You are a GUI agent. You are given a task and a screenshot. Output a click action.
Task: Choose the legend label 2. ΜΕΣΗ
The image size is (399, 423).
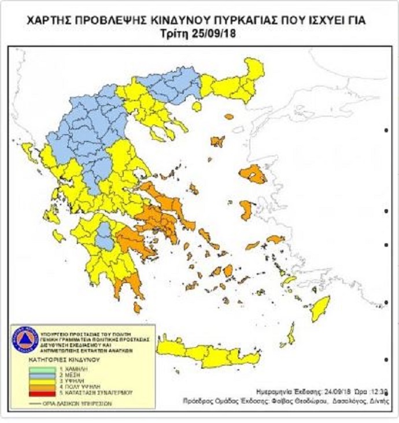[79, 374]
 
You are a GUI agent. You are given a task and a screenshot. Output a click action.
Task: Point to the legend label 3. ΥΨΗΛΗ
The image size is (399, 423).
[80, 380]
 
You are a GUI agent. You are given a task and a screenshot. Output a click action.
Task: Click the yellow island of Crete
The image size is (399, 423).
[208, 352]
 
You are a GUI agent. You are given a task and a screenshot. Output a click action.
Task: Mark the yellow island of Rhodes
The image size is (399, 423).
[320, 307]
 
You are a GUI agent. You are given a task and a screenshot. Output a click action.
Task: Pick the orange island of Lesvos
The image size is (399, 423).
[253, 173]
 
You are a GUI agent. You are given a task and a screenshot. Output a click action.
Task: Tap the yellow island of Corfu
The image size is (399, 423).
[27, 151]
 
